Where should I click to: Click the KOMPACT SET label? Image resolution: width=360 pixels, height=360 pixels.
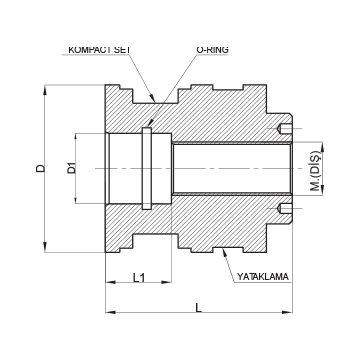click(x=99, y=50)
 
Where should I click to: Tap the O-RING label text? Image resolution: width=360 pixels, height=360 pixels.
click(x=212, y=50)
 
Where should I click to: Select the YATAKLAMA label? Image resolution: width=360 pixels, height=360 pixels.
click(x=263, y=277)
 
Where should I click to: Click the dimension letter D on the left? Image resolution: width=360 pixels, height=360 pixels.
click(x=41, y=168)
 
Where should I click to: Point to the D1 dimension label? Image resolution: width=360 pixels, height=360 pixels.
click(x=72, y=168)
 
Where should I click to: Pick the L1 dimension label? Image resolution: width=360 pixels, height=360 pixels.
click(x=139, y=277)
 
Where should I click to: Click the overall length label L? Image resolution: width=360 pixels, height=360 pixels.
click(x=199, y=308)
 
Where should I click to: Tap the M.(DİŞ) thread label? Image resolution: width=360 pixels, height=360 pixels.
click(x=315, y=171)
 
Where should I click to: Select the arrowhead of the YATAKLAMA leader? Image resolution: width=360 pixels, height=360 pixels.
click(x=225, y=253)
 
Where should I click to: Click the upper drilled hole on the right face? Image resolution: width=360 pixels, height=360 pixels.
click(x=286, y=128)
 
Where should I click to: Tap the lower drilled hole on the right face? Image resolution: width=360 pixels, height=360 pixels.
click(x=286, y=208)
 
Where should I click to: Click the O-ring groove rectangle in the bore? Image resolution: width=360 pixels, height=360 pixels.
click(x=147, y=168)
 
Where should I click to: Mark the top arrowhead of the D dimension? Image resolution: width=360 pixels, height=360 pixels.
click(x=45, y=90)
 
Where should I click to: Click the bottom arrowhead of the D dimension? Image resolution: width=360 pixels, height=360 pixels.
click(x=45, y=247)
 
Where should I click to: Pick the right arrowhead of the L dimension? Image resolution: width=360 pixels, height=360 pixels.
click(x=287, y=312)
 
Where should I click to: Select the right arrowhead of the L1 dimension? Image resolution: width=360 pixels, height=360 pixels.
click(x=166, y=282)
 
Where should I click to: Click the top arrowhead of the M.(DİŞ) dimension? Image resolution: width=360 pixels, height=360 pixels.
click(x=322, y=147)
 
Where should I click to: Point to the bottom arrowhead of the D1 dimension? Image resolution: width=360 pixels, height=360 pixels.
click(x=76, y=198)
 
